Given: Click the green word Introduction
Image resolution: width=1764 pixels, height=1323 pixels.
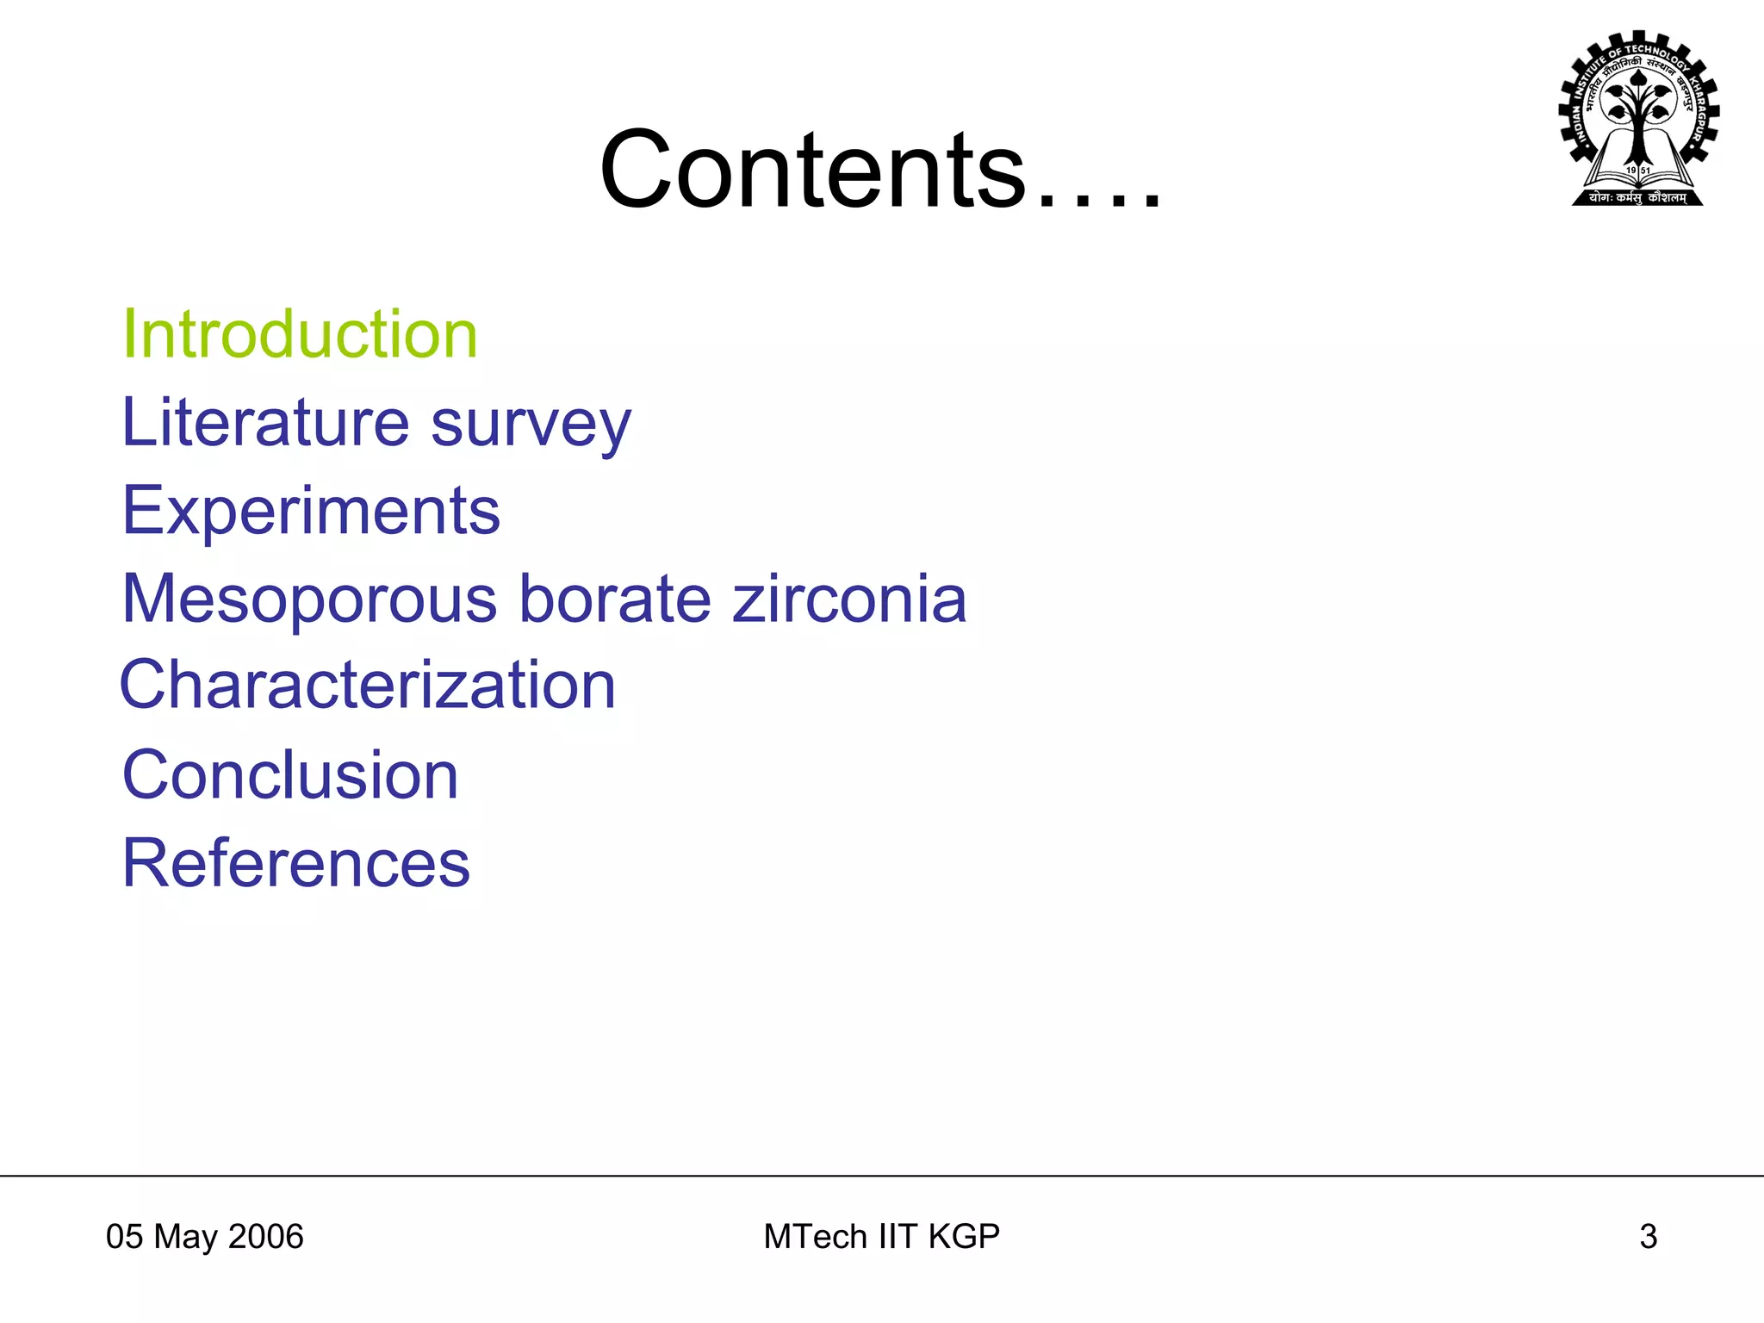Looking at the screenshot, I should coord(300,334).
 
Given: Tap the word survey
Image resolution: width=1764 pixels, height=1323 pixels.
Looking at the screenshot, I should coord(531,425).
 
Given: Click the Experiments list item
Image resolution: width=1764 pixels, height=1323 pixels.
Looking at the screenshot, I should coord(311,511).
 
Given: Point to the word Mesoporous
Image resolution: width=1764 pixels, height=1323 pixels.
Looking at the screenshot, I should coord(309,599).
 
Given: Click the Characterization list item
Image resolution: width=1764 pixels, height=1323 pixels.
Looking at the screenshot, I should coord(368,685).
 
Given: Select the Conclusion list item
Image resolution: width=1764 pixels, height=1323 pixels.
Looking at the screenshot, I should coord(290,775).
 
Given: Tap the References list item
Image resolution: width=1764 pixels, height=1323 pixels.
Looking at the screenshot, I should coord(296,863).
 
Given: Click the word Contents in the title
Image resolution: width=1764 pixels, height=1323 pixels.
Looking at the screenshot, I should coord(813,170).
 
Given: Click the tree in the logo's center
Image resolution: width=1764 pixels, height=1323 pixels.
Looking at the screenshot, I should coord(1638,112).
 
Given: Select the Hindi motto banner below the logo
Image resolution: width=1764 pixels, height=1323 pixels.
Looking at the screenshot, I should coord(1638,198).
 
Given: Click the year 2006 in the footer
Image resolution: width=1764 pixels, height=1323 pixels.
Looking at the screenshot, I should coord(266,1237).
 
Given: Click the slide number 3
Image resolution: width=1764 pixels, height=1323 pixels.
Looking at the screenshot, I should coord(1648,1237).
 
